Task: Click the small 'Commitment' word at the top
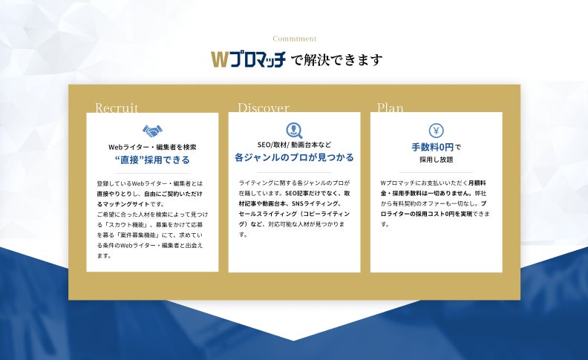[295, 39]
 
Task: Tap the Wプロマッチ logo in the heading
[248, 59]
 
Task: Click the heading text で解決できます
[337, 60]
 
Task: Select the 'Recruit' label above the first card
[117, 108]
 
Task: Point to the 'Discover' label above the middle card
[264, 108]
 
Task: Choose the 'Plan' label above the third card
[390, 108]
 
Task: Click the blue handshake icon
[152, 131]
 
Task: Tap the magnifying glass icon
[295, 130]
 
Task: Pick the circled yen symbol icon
[436, 131]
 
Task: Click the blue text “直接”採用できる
[152, 160]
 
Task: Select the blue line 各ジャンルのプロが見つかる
[295, 157]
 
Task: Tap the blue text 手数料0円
[433, 147]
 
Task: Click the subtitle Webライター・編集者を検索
[152, 147]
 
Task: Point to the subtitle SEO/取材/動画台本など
[295, 145]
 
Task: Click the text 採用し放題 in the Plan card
[436, 160]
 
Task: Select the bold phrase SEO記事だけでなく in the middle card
[313, 194]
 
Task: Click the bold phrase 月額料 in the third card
[477, 183]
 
